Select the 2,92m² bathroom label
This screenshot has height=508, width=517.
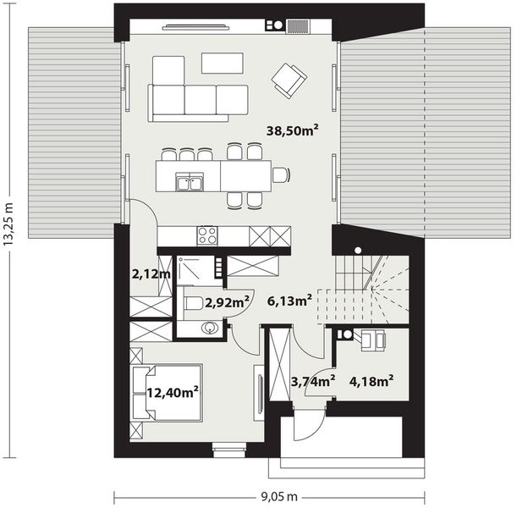coord(228,301)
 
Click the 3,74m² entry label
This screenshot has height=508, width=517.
coord(312,379)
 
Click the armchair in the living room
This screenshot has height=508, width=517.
coord(288,79)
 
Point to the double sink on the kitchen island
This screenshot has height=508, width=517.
coord(190,180)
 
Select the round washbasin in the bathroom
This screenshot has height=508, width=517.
coord(208,328)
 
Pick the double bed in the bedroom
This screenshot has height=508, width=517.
coord(168,391)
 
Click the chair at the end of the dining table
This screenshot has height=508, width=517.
coord(280,175)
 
